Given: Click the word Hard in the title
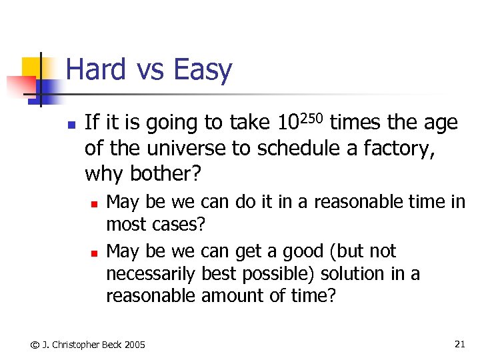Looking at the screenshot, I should [x=95, y=70].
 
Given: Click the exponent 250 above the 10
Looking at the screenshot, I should [x=310, y=118].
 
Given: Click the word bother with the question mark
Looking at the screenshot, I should [x=164, y=174].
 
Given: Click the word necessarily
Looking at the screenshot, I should [x=150, y=274].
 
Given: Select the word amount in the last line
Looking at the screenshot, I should [x=233, y=296].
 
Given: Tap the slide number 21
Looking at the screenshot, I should [x=459, y=344].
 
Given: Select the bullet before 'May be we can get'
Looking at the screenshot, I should [x=95, y=253].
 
